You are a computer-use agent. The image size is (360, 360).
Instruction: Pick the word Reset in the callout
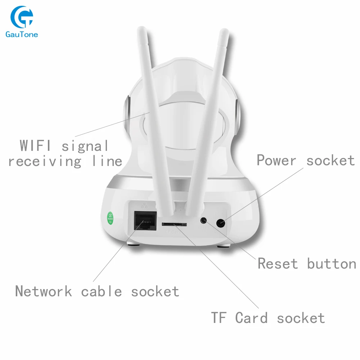[278, 264]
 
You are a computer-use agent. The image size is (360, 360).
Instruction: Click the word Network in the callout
[44, 291]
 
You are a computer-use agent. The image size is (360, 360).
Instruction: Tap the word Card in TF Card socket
[251, 318]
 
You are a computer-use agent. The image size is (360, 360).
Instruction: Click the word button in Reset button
[331, 264]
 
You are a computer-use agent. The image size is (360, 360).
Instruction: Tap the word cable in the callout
[102, 291]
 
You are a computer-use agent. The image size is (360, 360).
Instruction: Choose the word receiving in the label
[45, 161]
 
